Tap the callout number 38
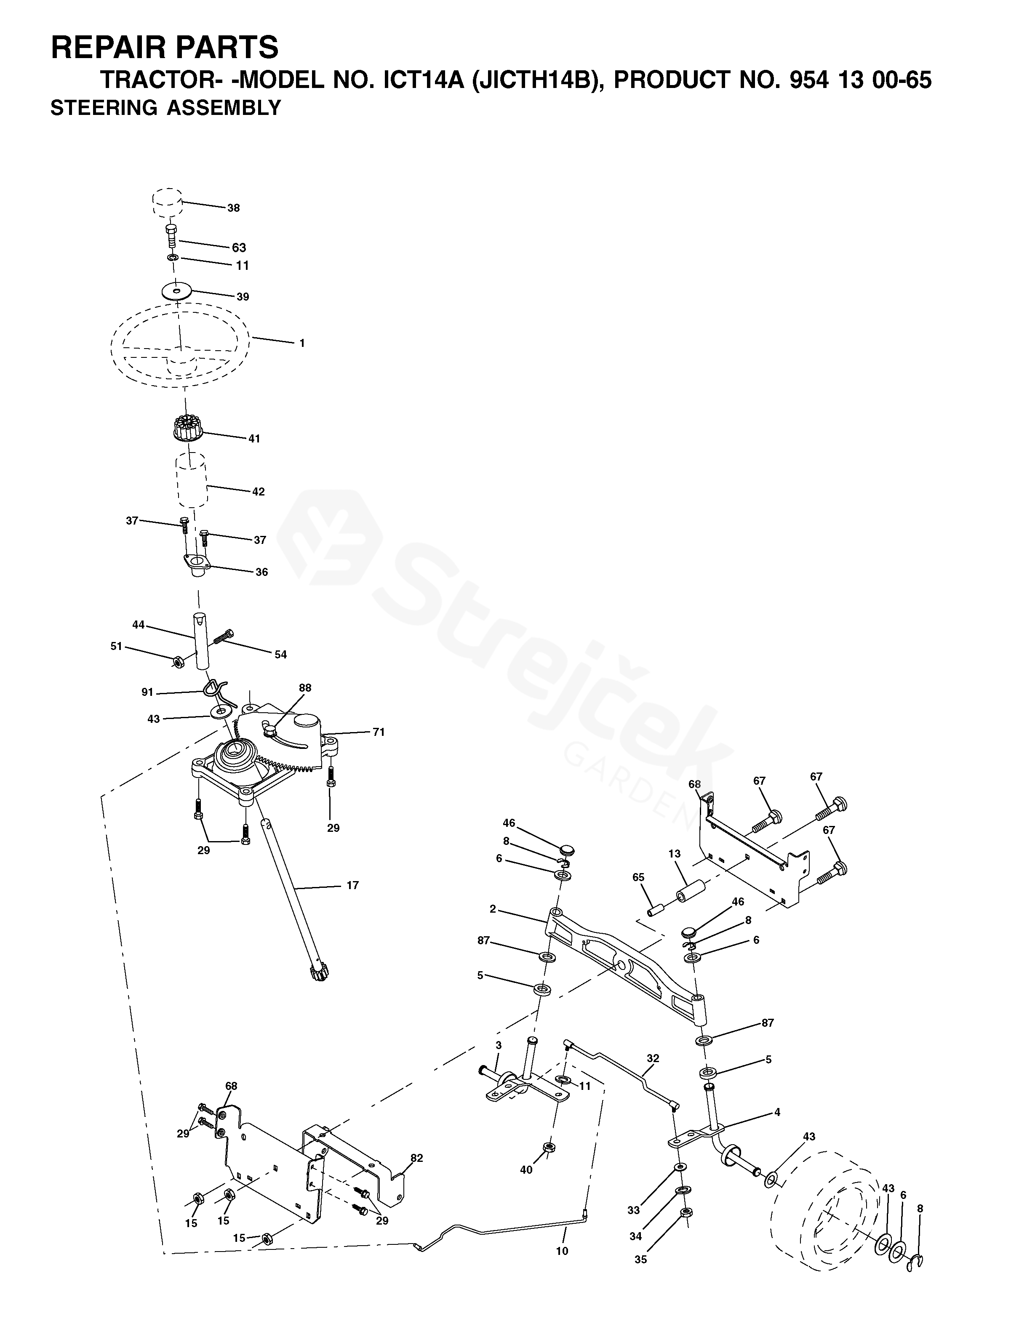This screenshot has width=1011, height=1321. pyautogui.click(x=234, y=208)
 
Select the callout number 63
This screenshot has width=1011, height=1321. pyautogui.click(x=239, y=248)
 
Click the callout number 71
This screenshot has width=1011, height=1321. pyautogui.click(x=379, y=732)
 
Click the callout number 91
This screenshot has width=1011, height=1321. pyautogui.click(x=147, y=692)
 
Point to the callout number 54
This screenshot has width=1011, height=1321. pyautogui.click(x=280, y=655)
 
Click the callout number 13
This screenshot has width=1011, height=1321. pyautogui.click(x=674, y=854)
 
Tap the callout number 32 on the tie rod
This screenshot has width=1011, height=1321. pyautogui.click(x=653, y=1058)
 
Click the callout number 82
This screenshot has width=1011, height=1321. pyautogui.click(x=416, y=1158)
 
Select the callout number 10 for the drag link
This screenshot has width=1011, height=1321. pyautogui.click(x=562, y=1251)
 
